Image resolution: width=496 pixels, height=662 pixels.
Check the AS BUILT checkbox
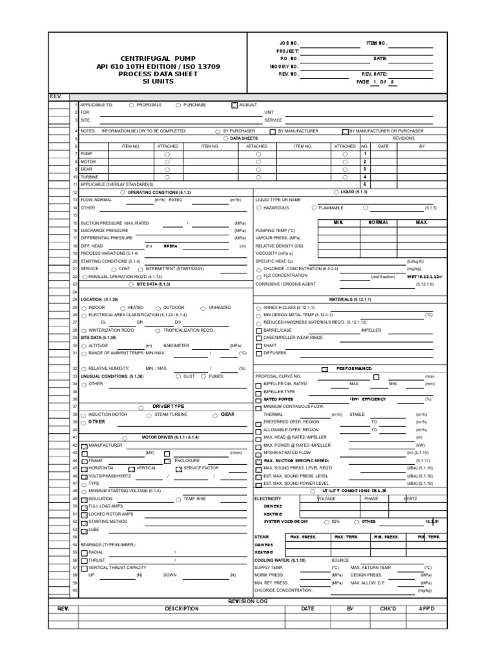[x=234, y=104]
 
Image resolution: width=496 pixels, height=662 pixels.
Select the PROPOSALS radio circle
[x=132, y=104]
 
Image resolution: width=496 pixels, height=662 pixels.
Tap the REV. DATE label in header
[x=373, y=74]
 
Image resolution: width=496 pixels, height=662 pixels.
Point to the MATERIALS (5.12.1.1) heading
[x=351, y=299]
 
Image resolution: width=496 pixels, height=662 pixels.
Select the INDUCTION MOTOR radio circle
[x=83, y=414]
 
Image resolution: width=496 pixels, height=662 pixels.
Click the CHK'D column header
[x=387, y=608]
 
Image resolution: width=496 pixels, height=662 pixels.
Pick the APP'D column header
[x=427, y=608]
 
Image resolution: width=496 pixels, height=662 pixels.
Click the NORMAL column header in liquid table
[x=378, y=222]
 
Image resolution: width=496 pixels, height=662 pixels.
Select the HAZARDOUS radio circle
[x=259, y=208]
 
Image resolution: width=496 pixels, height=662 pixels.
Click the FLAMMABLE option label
[x=331, y=208]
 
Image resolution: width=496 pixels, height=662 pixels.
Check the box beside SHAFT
[x=259, y=346]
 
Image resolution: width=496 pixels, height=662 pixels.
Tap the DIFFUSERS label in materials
[x=274, y=354]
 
